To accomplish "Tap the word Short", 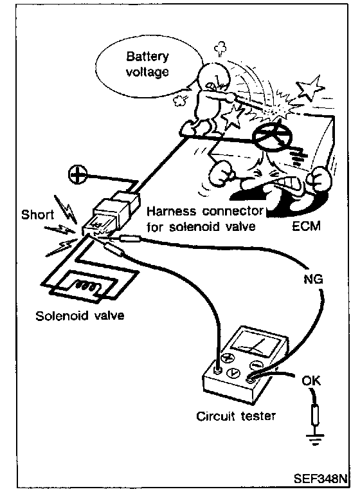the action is point(37,215).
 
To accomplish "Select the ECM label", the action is point(306,226).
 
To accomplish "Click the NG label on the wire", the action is point(313,279).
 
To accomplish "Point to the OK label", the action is point(311,381).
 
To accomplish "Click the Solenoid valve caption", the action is point(80,315).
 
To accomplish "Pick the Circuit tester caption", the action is point(236,416).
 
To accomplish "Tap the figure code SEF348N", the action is point(321,479).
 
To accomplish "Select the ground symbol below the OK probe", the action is point(314,439).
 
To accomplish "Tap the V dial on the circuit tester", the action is point(234,373).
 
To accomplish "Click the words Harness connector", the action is point(204,211).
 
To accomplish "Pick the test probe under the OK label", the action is point(314,415).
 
